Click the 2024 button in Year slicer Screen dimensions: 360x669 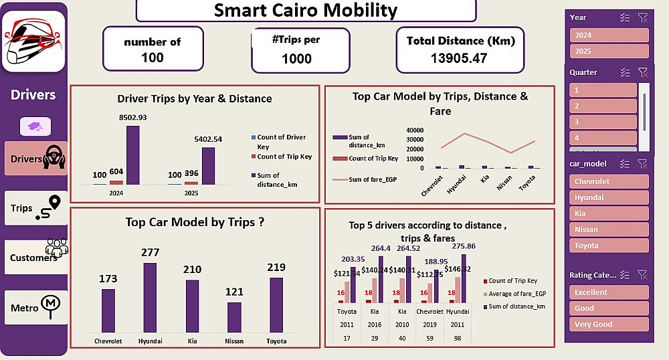(x=609, y=35)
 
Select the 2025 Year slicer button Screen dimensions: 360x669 (x=609, y=52)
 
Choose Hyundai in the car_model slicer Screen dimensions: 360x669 (x=609, y=197)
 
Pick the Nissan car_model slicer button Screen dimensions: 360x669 (x=609, y=230)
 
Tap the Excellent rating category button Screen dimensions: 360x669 (x=609, y=292)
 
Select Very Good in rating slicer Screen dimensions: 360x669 (x=609, y=325)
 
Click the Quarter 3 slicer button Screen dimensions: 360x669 (x=602, y=122)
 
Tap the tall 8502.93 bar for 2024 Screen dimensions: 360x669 (x=132, y=155)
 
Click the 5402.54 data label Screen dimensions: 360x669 (x=208, y=139)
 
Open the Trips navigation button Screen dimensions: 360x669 (x=36, y=208)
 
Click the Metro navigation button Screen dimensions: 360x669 (x=36, y=308)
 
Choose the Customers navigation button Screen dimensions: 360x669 (x=36, y=257)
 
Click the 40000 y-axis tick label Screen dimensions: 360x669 (x=414, y=130)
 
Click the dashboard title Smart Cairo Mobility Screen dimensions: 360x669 (x=306, y=11)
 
